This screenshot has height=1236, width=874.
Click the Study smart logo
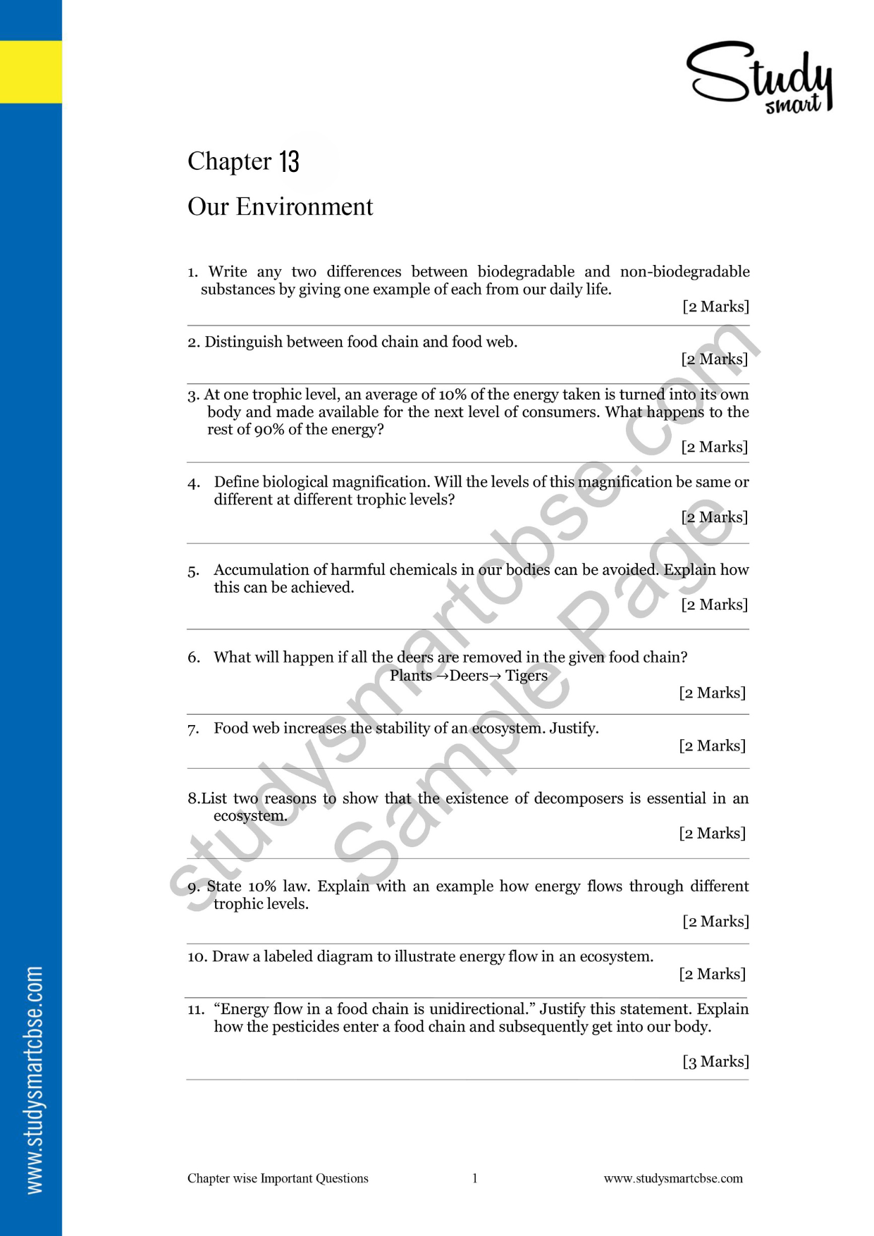tap(760, 77)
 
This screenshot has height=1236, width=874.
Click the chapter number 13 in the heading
tap(289, 161)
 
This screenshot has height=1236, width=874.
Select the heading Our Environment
tap(280, 206)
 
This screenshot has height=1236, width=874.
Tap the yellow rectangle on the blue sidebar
tap(30, 72)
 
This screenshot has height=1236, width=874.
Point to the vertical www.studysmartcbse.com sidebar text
tap(34, 1079)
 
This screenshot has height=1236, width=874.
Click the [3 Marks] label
tap(715, 1061)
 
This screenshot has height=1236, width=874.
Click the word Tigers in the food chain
tap(526, 675)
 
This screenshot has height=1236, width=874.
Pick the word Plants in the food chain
tap(411, 675)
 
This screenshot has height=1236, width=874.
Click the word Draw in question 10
tap(230, 956)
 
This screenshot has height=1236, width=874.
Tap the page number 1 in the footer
tap(475, 1178)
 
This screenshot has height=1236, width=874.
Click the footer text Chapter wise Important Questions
tap(278, 1178)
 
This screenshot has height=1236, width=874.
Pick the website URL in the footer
tap(673, 1178)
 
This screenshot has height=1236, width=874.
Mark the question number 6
tap(194, 657)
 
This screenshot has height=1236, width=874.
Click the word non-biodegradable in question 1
tap(684, 271)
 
